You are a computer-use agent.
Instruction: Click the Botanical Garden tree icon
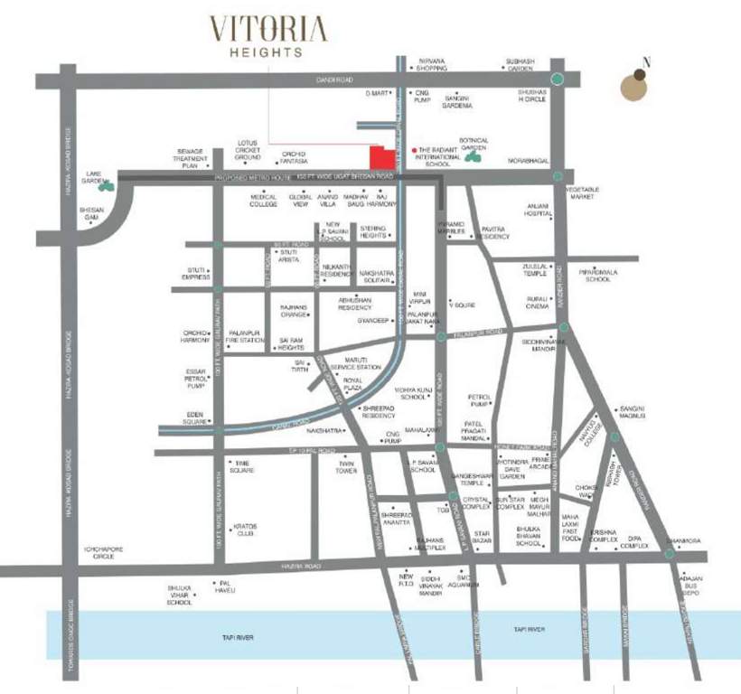click(472, 157)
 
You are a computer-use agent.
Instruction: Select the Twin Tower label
click(346, 467)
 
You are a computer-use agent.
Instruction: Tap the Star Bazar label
click(481, 538)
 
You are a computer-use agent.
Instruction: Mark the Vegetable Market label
click(583, 192)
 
